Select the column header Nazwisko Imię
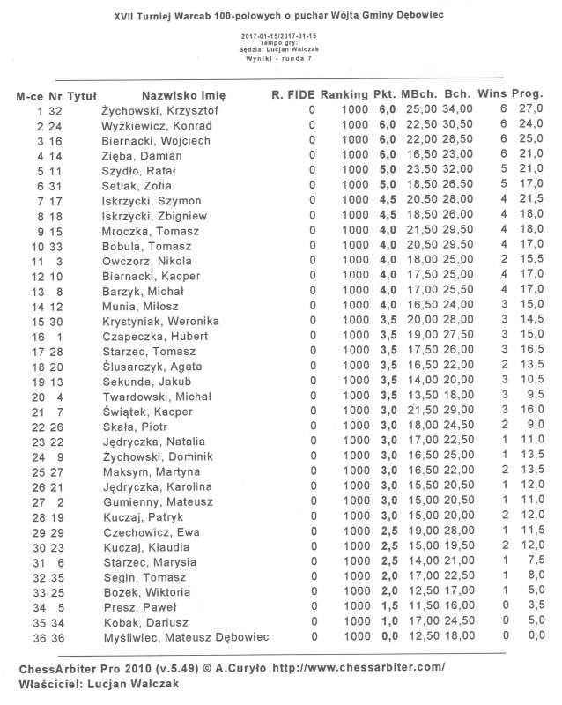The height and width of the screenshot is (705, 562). point(183,94)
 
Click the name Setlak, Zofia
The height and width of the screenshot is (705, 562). point(136,185)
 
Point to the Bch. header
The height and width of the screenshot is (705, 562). point(456,94)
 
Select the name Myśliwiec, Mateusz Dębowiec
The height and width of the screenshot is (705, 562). point(185,637)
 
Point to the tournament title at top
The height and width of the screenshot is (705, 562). point(280,16)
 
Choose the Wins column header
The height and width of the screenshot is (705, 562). point(494,94)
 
